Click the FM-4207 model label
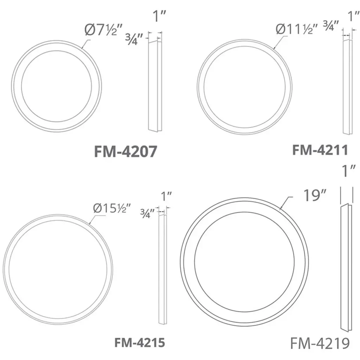pos(126,151)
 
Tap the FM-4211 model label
pos(320,150)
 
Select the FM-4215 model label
pos(140,342)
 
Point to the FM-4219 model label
pos(320,343)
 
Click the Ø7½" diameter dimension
pos(104,30)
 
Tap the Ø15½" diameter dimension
pos(112,208)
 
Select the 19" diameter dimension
pos(315,195)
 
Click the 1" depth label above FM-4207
pos(159,16)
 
